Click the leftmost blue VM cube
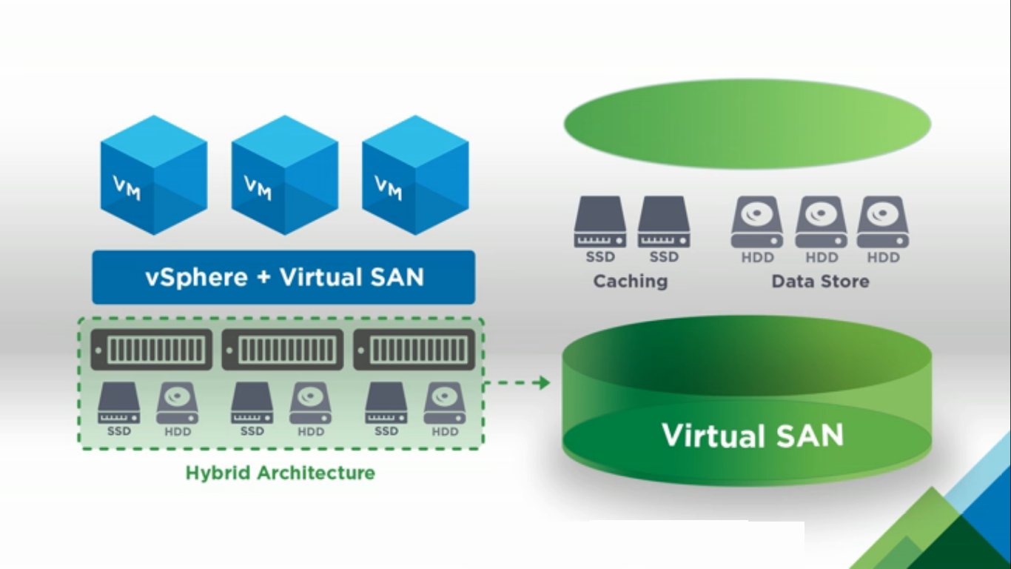[x=154, y=176]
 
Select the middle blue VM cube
[x=285, y=176]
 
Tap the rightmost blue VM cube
[x=415, y=176]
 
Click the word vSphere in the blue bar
[x=196, y=278]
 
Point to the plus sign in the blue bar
[x=263, y=277]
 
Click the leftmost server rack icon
[x=152, y=350]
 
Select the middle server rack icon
[x=283, y=350]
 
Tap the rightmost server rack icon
[x=414, y=350]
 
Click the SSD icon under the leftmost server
[x=118, y=403]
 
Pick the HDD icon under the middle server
[x=311, y=403]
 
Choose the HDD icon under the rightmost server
[x=444, y=403]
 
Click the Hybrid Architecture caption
[x=281, y=473]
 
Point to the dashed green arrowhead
[x=542, y=383]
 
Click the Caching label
[x=631, y=282]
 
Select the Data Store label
[x=821, y=282]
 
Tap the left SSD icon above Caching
[x=599, y=222]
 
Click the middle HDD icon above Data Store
[x=821, y=222]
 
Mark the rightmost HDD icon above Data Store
[x=883, y=222]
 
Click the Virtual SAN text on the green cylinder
[x=753, y=435]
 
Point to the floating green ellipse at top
[x=748, y=124]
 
